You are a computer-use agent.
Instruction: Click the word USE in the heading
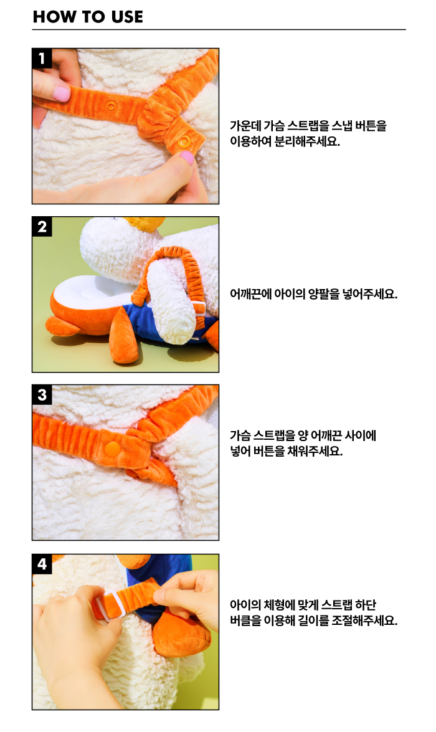127,17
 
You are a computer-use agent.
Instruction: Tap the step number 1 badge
42,59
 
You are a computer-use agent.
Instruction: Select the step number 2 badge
42,226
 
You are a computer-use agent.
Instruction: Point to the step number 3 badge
42,395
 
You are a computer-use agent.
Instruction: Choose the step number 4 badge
42,564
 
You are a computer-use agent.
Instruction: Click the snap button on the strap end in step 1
186,141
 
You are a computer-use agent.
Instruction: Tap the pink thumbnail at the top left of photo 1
61,93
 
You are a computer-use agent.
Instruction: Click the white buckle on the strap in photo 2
199,308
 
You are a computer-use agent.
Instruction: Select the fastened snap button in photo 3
112,449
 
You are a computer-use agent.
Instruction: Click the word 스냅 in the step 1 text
342,126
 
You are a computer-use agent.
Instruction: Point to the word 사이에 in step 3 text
361,435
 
